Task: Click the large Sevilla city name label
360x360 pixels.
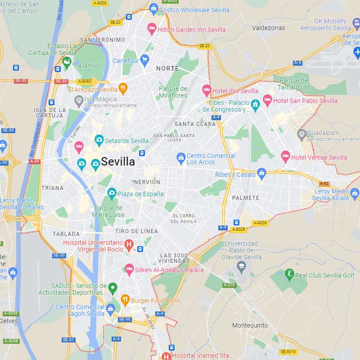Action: point(118,162)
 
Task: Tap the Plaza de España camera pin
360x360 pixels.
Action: point(112,193)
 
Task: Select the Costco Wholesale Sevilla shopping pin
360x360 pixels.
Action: point(153,9)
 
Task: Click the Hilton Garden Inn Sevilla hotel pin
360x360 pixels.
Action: point(152,29)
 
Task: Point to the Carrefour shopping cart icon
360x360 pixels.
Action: point(144,60)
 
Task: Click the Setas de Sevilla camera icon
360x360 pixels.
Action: point(99,140)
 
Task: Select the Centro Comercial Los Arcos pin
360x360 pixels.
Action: point(181,158)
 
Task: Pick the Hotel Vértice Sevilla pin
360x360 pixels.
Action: point(285,157)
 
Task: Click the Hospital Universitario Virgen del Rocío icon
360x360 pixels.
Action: point(129,245)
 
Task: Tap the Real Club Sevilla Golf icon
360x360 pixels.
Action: point(289,274)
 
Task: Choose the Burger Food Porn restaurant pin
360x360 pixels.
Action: point(126,300)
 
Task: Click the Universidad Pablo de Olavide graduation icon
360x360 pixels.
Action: point(242,266)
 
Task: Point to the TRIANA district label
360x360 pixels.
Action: point(52,188)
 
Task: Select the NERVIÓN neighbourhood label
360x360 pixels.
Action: point(147,182)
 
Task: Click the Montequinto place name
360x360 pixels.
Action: point(250,325)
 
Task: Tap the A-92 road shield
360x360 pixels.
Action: point(324,184)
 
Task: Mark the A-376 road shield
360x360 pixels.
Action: point(229,285)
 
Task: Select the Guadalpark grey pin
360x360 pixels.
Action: point(302,134)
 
